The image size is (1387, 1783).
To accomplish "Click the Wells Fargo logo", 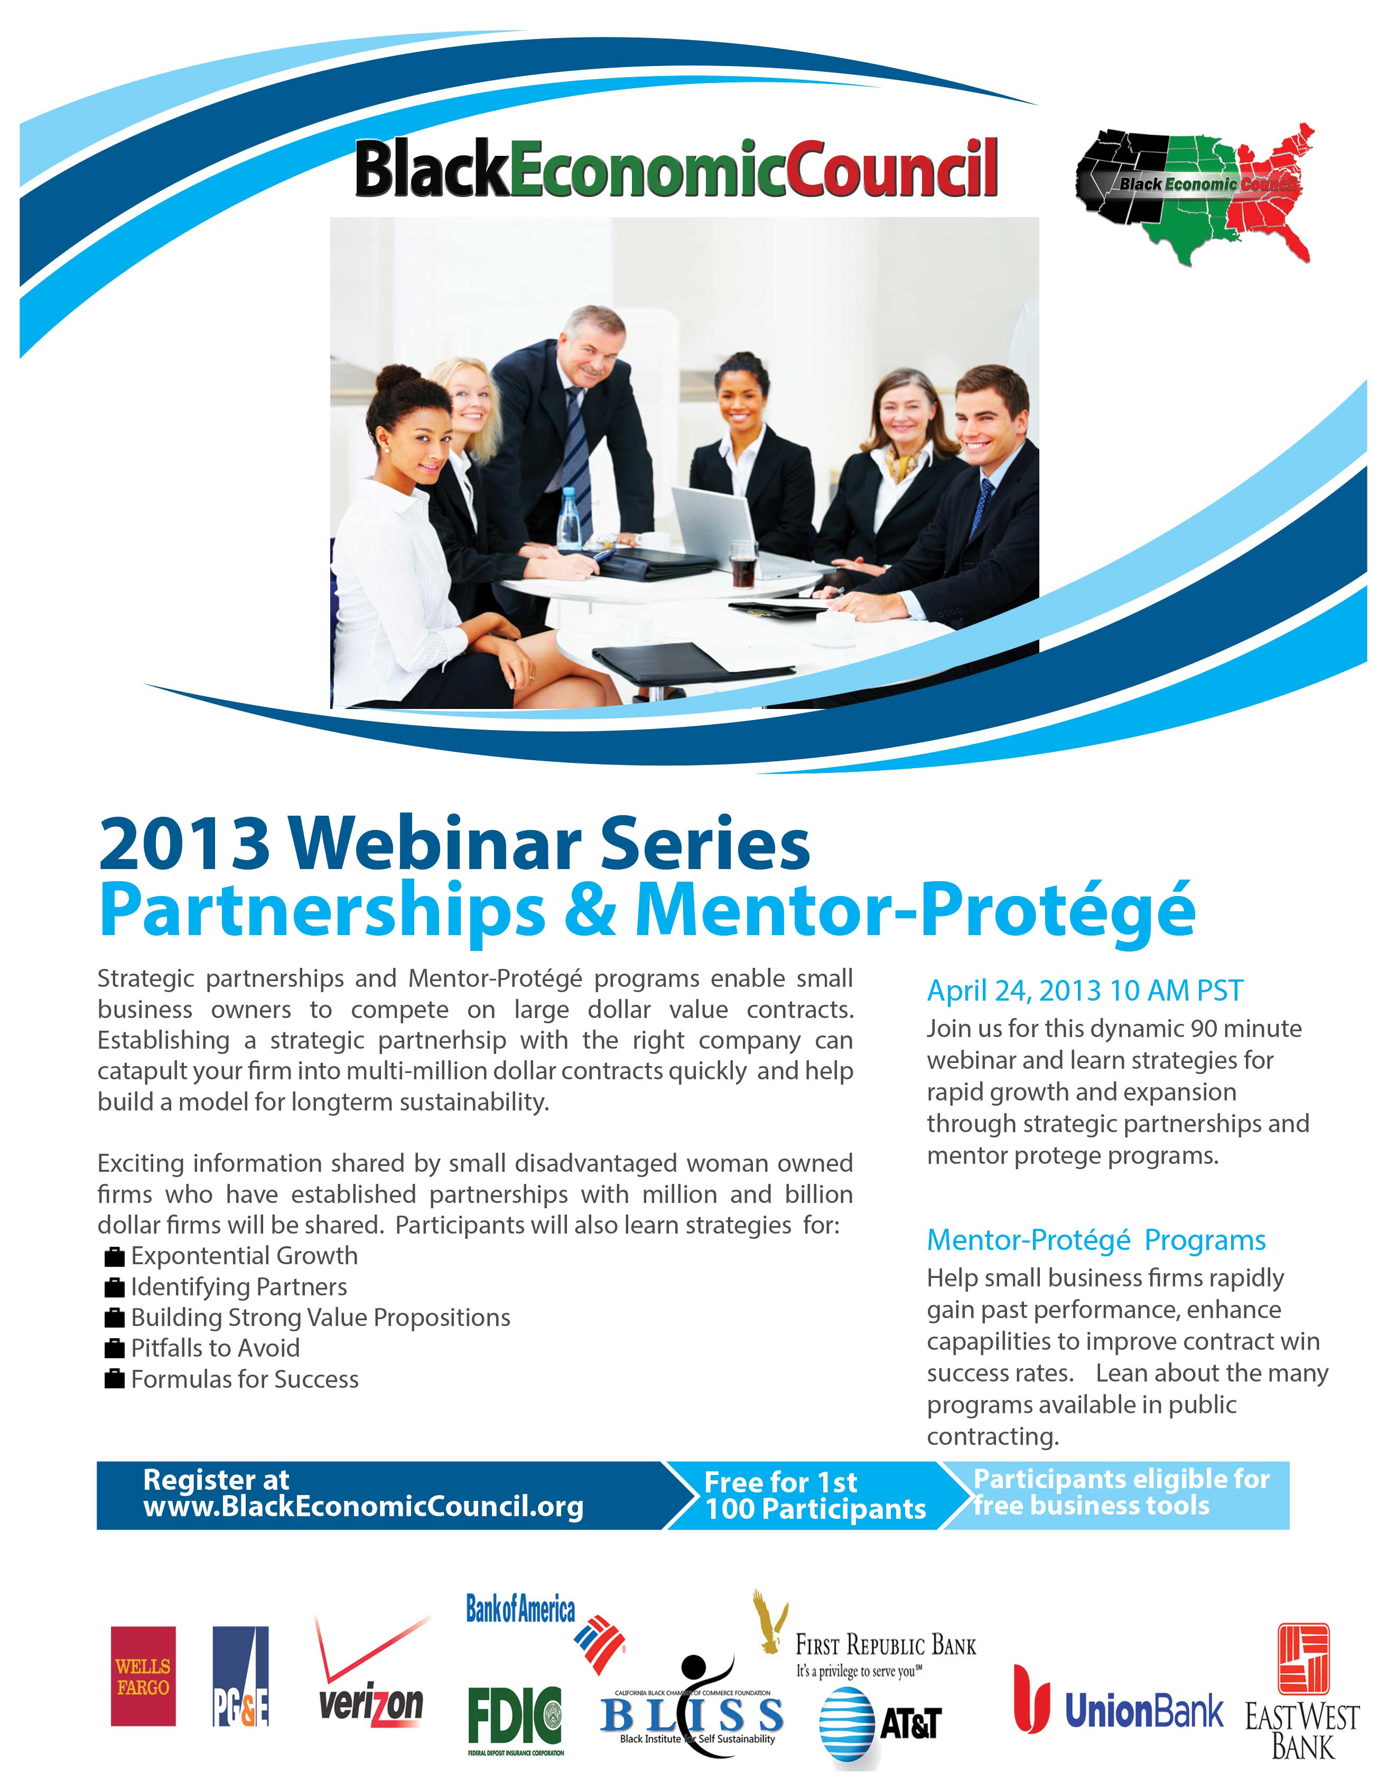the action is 144,1676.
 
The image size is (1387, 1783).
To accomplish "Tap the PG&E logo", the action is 240,1676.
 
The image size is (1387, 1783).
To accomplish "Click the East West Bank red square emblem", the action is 1303,1659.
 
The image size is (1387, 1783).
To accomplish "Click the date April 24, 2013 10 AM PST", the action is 1085,990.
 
